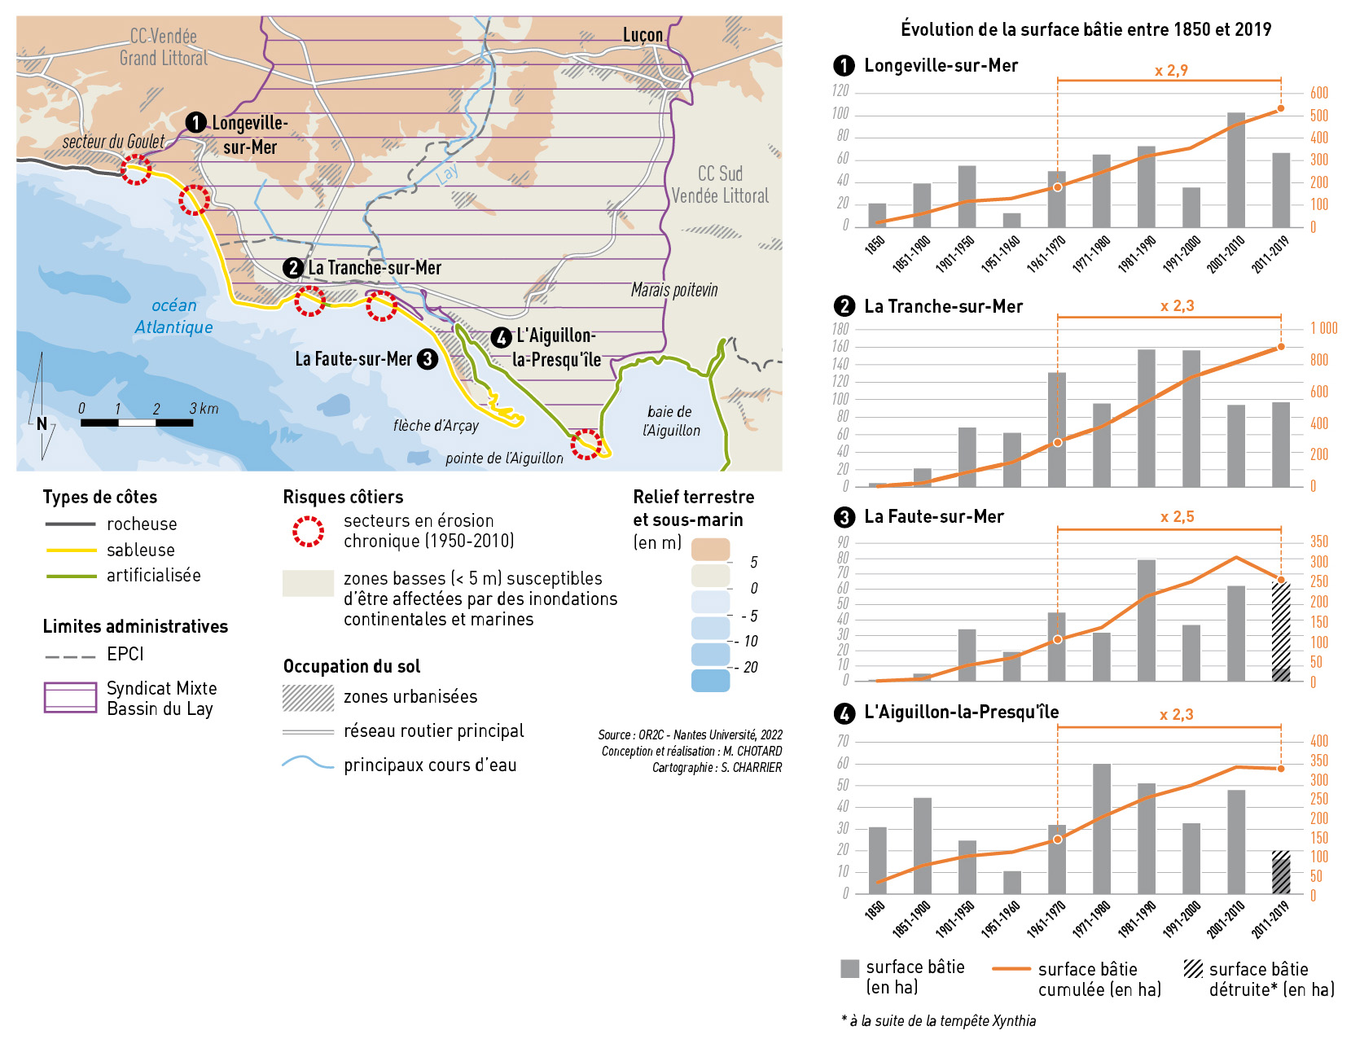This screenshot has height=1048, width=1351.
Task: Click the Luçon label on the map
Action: (x=643, y=35)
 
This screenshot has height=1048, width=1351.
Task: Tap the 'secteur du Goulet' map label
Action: (x=113, y=142)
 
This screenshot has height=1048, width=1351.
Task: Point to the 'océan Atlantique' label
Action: (x=173, y=316)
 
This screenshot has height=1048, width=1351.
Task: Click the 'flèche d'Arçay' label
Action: (x=436, y=425)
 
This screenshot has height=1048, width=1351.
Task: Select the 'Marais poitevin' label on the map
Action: (x=674, y=290)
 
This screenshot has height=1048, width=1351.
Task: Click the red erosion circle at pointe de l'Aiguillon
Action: (x=586, y=445)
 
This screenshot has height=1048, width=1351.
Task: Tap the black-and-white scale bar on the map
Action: (x=137, y=423)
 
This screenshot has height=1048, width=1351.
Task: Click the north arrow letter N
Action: (x=42, y=423)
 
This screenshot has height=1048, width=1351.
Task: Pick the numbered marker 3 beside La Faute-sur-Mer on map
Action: (x=428, y=359)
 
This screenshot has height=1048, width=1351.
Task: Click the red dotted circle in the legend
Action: (x=309, y=531)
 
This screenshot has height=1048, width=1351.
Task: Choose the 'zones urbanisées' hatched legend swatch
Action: (x=308, y=698)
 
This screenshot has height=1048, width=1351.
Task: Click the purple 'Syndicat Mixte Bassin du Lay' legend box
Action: (x=70, y=698)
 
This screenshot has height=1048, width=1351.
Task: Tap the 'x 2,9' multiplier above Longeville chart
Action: (x=1171, y=71)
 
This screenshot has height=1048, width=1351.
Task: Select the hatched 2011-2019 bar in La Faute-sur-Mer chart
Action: (x=1281, y=632)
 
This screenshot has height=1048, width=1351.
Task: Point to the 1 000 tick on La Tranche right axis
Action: (x=1323, y=328)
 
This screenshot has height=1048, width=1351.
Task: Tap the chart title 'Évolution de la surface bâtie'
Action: (x=1086, y=29)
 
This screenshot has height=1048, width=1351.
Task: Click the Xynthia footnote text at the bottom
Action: (x=939, y=1021)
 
